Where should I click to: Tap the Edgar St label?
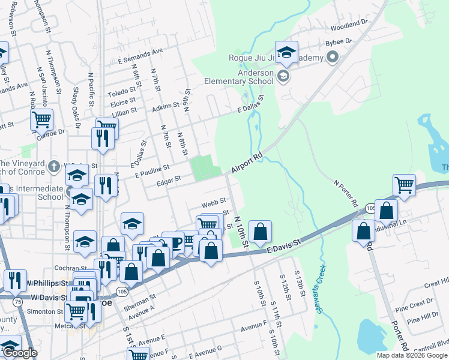(169, 179)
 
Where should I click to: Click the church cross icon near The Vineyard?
(53, 166)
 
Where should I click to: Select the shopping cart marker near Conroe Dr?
(41, 119)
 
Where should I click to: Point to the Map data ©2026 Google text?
(412, 355)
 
